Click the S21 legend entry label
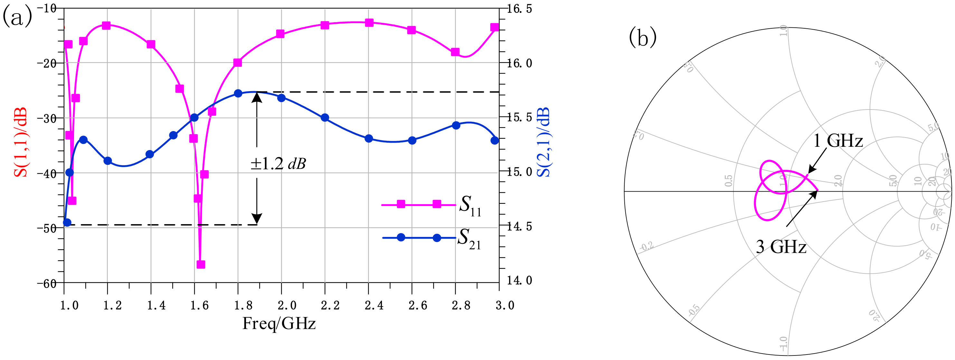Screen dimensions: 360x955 (x=469, y=239)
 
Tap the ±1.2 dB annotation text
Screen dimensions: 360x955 (x=278, y=164)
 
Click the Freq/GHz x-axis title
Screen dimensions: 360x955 (x=279, y=323)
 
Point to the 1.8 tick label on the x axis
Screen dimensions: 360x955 (x=243, y=306)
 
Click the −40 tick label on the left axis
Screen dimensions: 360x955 (x=46, y=173)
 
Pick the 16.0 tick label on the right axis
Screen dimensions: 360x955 (x=519, y=63)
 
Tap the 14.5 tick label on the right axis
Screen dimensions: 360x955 (x=519, y=226)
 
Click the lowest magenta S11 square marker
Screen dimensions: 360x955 (x=201, y=264)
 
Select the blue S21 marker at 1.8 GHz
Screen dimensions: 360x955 (x=238, y=93)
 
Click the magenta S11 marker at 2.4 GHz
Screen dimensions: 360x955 (x=369, y=23)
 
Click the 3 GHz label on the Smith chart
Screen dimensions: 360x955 (x=781, y=247)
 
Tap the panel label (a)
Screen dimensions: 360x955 (x=17, y=17)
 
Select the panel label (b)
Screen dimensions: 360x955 (x=642, y=37)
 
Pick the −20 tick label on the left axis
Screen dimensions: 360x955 (x=46, y=63)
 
